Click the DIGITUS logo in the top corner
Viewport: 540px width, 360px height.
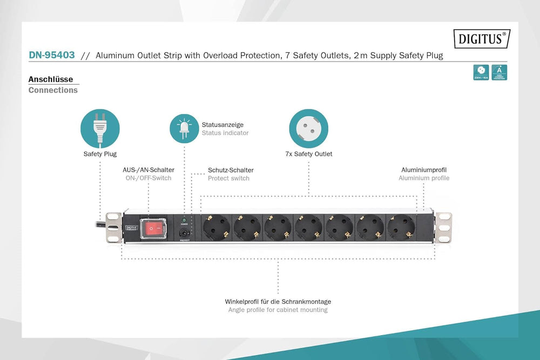point(482,38)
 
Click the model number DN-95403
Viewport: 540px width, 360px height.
point(52,55)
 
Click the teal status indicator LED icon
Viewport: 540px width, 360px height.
point(184,128)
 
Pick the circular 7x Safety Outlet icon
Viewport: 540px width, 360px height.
point(308,128)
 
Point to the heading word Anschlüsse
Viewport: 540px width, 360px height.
point(51,79)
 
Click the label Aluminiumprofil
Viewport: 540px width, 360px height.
point(424,169)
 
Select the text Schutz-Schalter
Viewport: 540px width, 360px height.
point(231,170)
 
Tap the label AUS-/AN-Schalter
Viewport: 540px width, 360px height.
point(148,169)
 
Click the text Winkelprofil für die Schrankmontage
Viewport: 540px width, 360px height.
point(278,301)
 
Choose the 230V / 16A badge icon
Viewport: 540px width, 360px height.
point(481,72)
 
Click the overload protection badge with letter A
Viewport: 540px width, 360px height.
point(500,72)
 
